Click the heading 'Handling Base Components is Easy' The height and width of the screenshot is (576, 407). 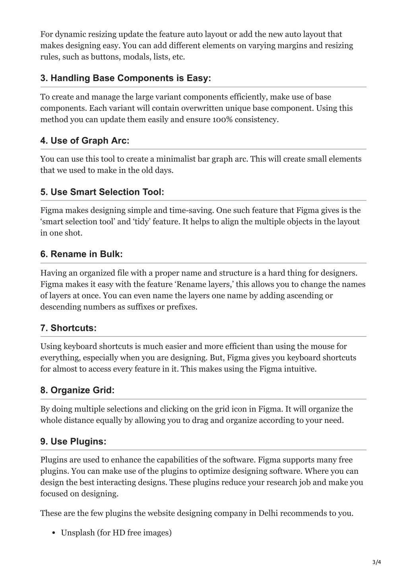(126, 78)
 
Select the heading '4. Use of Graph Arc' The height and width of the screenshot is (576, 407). (85, 141)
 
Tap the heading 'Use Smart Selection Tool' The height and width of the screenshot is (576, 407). (102, 192)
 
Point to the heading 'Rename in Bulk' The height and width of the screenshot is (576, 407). (81, 254)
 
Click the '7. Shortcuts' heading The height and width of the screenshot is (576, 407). (68, 328)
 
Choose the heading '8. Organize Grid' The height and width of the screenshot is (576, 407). (77, 390)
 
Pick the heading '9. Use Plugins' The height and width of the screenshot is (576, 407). (73, 442)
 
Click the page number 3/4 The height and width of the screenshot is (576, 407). (376, 562)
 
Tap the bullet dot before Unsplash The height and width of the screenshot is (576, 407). (53, 533)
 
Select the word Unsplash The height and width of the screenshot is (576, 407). (78, 533)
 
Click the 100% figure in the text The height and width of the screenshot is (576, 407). (222, 120)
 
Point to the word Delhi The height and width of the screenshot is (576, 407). (269, 513)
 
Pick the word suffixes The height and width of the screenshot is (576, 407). (143, 307)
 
